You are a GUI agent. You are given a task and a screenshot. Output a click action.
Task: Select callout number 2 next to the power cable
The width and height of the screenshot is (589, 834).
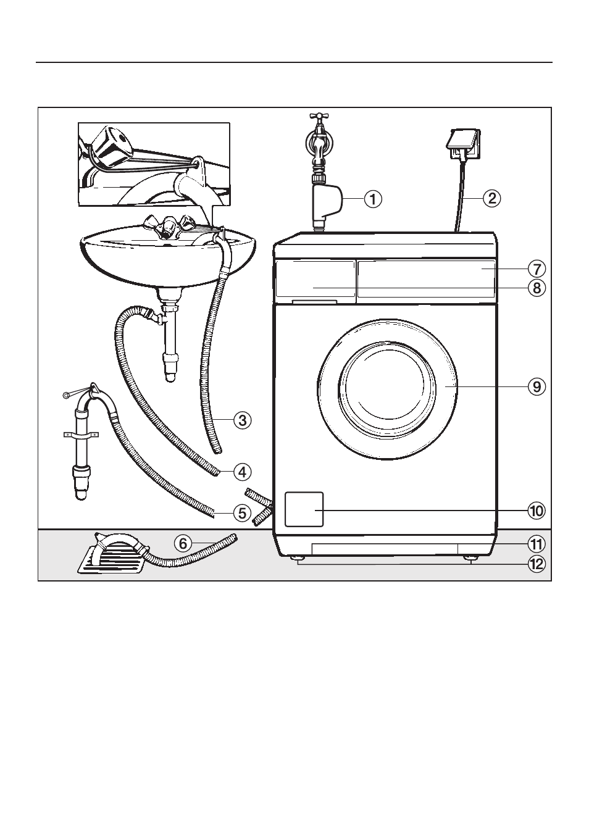[491, 198]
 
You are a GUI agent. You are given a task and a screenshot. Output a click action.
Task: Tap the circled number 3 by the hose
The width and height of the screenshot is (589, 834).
[243, 421]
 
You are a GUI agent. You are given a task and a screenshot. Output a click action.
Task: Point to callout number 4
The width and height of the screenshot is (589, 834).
[243, 472]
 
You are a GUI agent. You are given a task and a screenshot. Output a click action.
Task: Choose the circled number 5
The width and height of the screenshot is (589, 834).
[243, 514]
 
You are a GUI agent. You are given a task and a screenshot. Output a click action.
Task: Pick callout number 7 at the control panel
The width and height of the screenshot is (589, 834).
[537, 269]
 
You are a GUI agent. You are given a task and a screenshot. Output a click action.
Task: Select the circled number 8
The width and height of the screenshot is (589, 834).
[537, 288]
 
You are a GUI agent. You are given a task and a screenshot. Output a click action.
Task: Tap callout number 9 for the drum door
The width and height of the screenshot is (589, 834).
[537, 387]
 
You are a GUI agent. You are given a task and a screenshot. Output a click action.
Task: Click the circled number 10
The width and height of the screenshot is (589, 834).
[537, 511]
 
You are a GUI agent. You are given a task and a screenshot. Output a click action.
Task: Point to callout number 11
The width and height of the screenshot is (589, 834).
[537, 544]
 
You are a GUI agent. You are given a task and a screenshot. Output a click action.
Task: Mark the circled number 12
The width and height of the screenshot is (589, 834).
[537, 564]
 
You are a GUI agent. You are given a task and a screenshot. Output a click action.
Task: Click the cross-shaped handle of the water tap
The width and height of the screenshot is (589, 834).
[317, 116]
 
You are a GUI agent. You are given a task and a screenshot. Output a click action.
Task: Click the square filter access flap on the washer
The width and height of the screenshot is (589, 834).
[304, 509]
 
